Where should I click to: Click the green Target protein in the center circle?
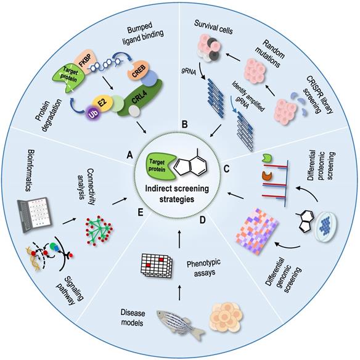157,163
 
